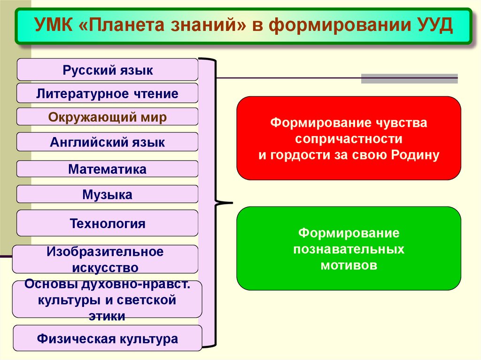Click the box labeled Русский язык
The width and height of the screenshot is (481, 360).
[x=108, y=70]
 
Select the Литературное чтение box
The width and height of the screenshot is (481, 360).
[x=108, y=93]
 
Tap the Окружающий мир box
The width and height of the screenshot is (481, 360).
[x=108, y=117]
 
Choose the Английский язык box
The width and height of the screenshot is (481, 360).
[x=108, y=142]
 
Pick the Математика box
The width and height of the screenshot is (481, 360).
[x=108, y=169]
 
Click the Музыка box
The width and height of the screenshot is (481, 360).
[x=108, y=194]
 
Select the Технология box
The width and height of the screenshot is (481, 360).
[x=108, y=223]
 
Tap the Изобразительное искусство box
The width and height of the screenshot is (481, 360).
[x=105, y=259]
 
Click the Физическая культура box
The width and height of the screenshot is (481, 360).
[x=108, y=338]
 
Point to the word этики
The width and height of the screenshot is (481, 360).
[x=107, y=316]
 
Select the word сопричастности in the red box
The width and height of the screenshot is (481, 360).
[x=349, y=139]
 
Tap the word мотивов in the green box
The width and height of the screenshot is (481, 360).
[x=349, y=265]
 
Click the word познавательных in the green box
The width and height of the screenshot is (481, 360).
[x=349, y=249]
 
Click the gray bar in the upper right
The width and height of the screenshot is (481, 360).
[x=409, y=78]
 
